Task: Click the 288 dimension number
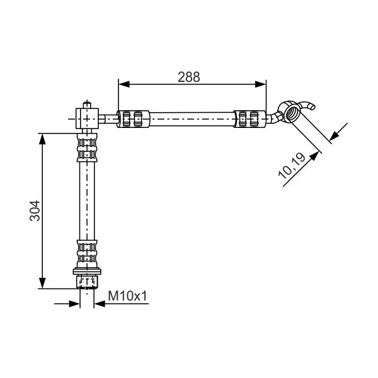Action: (x=189, y=77)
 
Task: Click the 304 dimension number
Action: (x=35, y=210)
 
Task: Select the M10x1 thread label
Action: (x=127, y=296)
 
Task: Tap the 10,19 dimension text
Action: (x=292, y=166)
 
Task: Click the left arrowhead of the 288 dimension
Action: (x=124, y=84)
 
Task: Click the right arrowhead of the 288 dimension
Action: (x=261, y=84)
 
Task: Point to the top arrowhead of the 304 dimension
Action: (x=42, y=139)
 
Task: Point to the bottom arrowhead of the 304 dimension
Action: (x=42, y=283)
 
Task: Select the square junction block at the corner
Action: (x=87, y=118)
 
